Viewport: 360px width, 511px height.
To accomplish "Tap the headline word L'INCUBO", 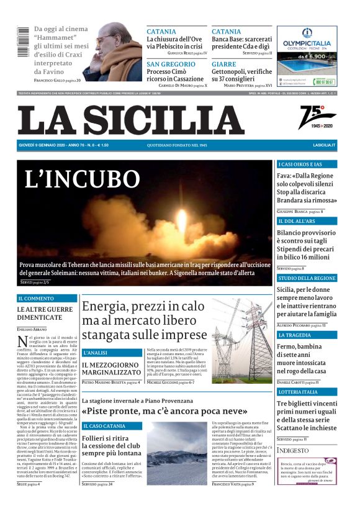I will [x=82, y=179].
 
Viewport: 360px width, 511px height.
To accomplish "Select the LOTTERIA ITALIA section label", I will [x=298, y=392].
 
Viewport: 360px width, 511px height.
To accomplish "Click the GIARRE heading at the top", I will [x=223, y=64].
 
